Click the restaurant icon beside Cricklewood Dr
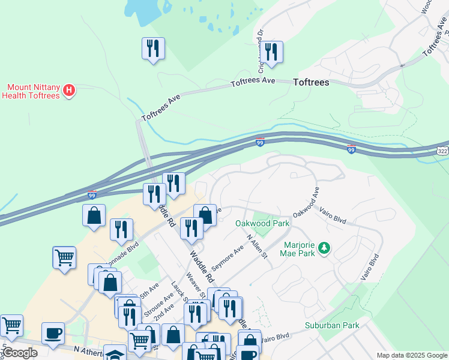click(x=273, y=52)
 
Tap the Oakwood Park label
click(x=262, y=223)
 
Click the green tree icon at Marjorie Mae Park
click(x=324, y=248)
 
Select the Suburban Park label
click(x=331, y=325)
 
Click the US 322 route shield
click(x=442, y=149)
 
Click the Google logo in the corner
click(x=19, y=353)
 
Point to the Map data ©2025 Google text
click(x=411, y=355)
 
